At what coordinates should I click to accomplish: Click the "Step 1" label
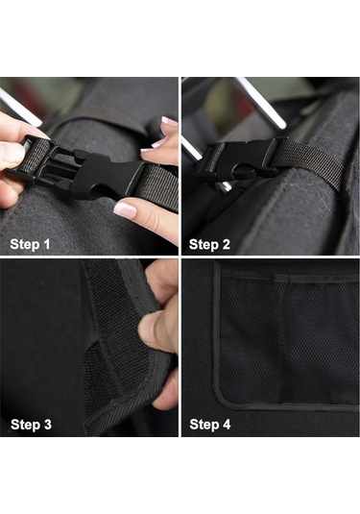pyautogui.click(x=30, y=244)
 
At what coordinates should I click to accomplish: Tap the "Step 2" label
pyautogui.click(x=209, y=245)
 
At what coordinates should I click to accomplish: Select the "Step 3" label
pyautogui.click(x=31, y=425)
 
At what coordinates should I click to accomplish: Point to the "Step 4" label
pyautogui.click(x=210, y=425)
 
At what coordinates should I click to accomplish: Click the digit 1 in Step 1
pyautogui.click(x=46, y=244)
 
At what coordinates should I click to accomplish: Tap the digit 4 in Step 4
pyautogui.click(x=227, y=425)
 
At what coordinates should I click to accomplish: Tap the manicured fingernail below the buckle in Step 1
pyautogui.click(x=125, y=210)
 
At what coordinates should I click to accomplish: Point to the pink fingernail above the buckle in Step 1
pyautogui.click(x=169, y=121)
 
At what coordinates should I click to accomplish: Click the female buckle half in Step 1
pyautogui.click(x=108, y=176)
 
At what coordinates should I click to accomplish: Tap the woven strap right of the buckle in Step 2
pyautogui.click(x=311, y=164)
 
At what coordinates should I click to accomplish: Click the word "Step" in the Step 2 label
pyautogui.click(x=204, y=245)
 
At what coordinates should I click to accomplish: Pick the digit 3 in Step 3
pyautogui.click(x=48, y=425)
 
